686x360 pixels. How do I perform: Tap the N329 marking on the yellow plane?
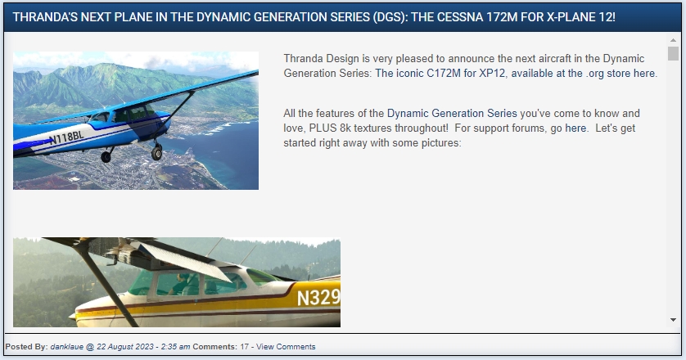point(318,298)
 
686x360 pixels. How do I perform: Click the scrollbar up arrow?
point(673,40)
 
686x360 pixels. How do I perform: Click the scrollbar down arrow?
point(673,320)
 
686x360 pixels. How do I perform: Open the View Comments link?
point(286,346)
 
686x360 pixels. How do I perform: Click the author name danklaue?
point(66,346)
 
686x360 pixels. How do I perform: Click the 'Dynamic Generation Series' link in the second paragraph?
point(452,113)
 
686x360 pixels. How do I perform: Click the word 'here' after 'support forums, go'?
point(575,128)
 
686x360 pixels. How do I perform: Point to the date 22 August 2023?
point(124,346)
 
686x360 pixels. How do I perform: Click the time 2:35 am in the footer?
point(175,346)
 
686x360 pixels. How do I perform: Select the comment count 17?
point(244,346)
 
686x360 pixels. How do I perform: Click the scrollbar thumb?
point(673,53)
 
